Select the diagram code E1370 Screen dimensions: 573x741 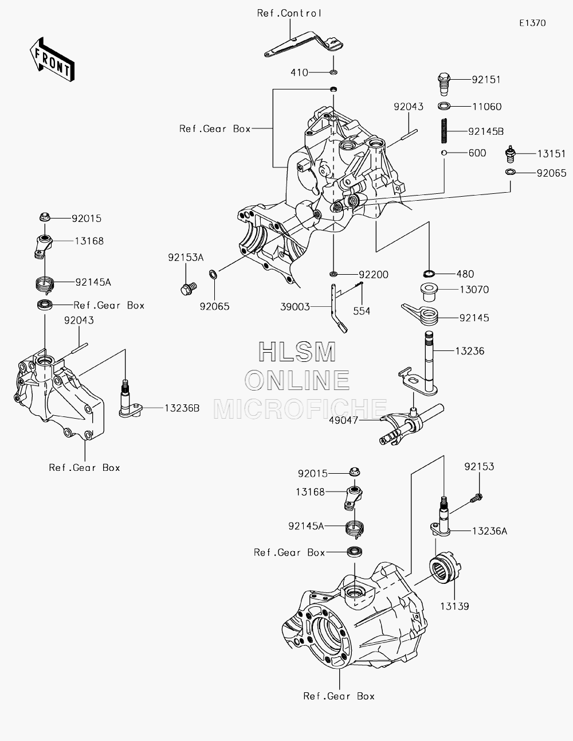tap(532, 23)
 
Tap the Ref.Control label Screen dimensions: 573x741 tap(289, 13)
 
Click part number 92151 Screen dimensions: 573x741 tap(486, 80)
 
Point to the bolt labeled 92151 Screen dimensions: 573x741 tap(444, 85)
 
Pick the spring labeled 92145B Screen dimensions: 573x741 tap(444, 131)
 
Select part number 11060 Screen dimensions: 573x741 tap(487, 107)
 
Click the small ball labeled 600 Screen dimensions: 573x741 tap(444, 153)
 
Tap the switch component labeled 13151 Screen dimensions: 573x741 tap(510, 154)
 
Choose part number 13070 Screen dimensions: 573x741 tap(474, 290)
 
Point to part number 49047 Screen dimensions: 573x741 tap(343, 420)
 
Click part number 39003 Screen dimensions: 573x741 tap(295, 307)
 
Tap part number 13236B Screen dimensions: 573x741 tap(182, 408)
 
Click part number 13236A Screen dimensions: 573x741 tap(489, 531)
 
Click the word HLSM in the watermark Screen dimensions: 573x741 tap(297, 352)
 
